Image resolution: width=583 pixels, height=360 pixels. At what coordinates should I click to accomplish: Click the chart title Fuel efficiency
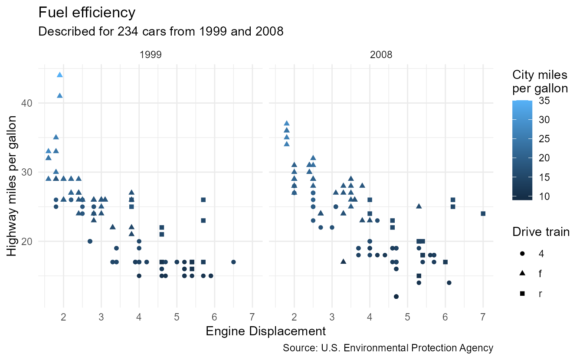pyautogui.click(x=87, y=13)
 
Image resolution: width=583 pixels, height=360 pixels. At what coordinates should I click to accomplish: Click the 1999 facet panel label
pyautogui.click(x=151, y=55)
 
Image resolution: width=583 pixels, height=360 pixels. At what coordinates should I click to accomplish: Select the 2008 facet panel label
pyautogui.click(x=381, y=55)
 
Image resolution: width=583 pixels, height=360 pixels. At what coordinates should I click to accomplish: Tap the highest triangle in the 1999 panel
pyautogui.click(x=60, y=75)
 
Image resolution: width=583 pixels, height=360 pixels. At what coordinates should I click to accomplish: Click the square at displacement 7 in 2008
pyautogui.click(x=483, y=213)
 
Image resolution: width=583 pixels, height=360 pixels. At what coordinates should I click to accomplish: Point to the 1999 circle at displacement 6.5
pyautogui.click(x=233, y=262)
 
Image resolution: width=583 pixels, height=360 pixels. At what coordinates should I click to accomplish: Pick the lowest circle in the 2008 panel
pyautogui.click(x=396, y=297)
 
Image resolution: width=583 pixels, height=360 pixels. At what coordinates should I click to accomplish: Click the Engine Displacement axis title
pyautogui.click(x=265, y=331)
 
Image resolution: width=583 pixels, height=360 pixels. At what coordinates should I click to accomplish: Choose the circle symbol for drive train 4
pyautogui.click(x=522, y=253)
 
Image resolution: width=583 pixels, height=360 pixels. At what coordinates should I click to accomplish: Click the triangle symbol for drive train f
pyautogui.click(x=522, y=273)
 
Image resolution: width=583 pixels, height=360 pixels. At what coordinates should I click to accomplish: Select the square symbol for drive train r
pyautogui.click(x=522, y=294)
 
